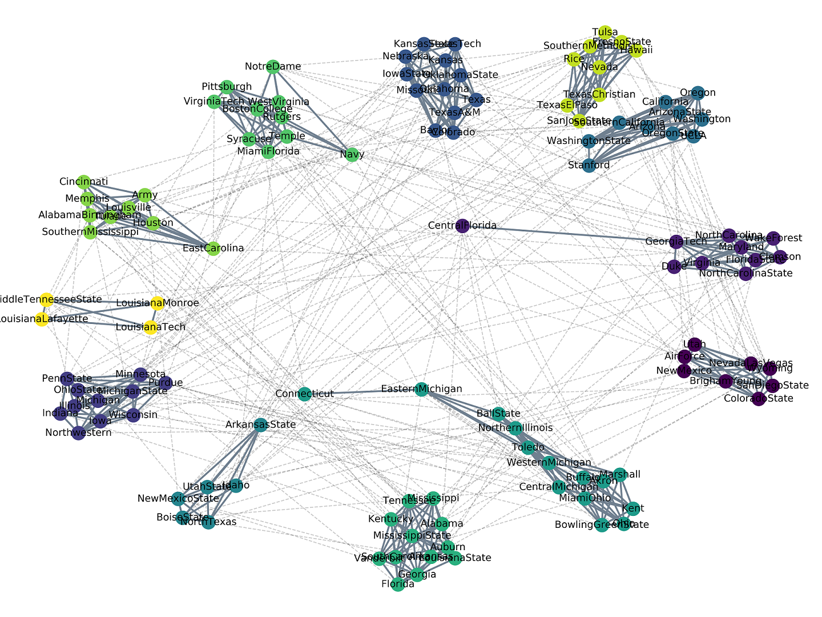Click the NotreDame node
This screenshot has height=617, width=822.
(273, 67)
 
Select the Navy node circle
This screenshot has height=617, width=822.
(352, 154)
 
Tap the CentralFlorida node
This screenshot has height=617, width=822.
(463, 226)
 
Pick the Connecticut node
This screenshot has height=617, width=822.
(304, 394)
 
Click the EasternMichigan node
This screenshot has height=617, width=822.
(421, 389)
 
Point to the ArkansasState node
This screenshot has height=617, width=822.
(260, 424)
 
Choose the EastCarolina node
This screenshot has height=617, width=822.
(213, 248)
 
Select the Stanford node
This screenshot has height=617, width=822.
(589, 165)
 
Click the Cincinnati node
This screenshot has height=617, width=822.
(83, 182)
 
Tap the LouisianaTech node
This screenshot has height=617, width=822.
(150, 327)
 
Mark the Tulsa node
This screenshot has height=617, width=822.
(605, 32)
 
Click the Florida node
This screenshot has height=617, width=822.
(398, 584)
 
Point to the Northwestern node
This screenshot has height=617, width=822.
(79, 432)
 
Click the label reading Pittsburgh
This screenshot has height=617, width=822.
(227, 87)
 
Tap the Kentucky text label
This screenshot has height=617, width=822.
(390, 519)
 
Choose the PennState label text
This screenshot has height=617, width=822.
(67, 378)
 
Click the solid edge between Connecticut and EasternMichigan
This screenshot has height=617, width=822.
(362, 391)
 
